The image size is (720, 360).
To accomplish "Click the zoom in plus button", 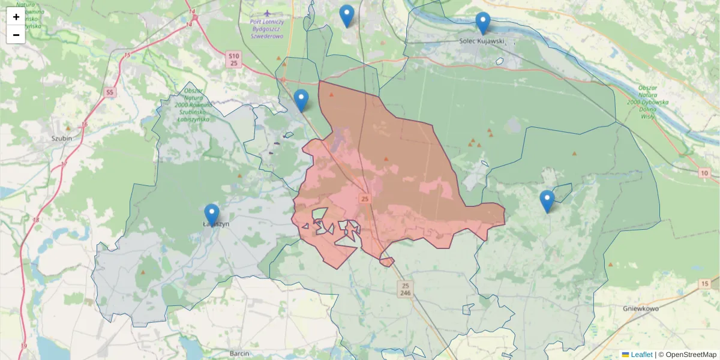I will coord(16,17).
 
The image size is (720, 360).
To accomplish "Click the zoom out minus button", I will coord(16,35).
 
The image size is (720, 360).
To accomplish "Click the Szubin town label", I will coord(62,138).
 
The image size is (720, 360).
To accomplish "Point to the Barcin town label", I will coord(239,353).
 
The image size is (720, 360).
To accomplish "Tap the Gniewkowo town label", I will coord(641,308).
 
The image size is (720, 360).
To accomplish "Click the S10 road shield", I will coord(234,55).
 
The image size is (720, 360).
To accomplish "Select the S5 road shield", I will coord(109,92).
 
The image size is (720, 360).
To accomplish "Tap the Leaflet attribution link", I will coord(641,355).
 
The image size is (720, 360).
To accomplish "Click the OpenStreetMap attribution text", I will coord(691,355).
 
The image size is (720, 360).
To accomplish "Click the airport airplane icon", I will coord(267,13).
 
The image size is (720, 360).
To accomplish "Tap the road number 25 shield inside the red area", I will coord(365,198).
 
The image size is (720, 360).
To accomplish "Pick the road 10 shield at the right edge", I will coord(704,173).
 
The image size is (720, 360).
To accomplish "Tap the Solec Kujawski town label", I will coord(481,42).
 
